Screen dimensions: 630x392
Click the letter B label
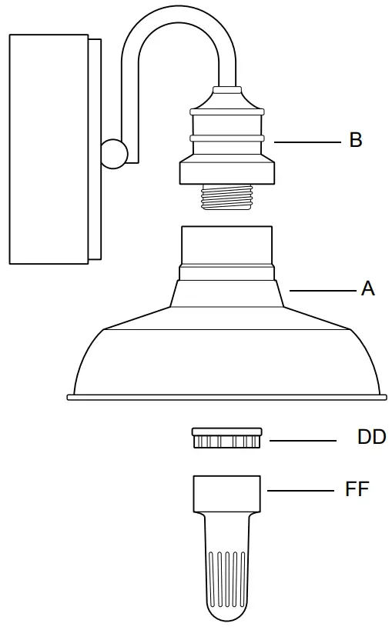coord(355,141)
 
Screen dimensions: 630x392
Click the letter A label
coord(367,289)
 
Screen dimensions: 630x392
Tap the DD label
coord(371,438)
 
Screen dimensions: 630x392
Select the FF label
coord(357,489)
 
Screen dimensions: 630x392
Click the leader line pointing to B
coord(307,142)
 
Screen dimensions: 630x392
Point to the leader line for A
coord(322,290)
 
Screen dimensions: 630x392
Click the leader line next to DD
coord(303,441)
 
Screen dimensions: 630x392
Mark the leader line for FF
coord(300,490)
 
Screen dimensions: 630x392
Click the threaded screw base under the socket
coord(226,198)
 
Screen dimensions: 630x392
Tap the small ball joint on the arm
coord(113,152)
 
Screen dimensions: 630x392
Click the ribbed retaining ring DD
coord(226,438)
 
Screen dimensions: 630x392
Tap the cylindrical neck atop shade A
coord(226,245)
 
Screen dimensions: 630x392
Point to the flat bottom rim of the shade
coord(226,398)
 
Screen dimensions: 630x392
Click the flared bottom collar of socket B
coord(226,171)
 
